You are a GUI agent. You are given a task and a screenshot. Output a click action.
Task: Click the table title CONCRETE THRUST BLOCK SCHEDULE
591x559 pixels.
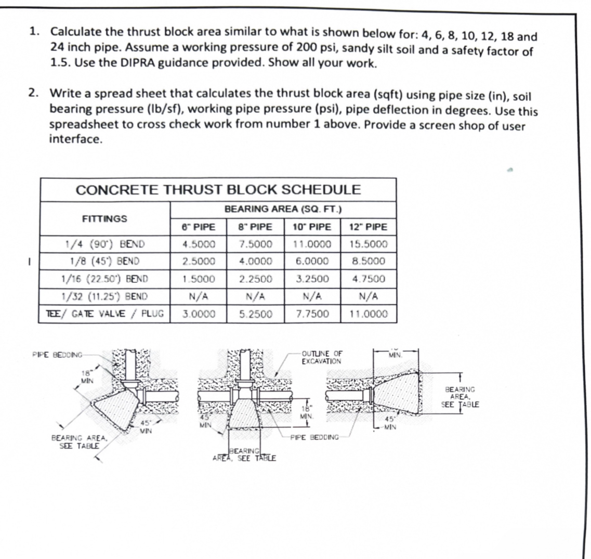pos(218,189)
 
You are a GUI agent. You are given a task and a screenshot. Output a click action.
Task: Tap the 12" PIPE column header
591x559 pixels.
pos(369,227)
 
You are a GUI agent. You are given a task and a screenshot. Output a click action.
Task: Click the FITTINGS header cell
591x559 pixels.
pos(104,218)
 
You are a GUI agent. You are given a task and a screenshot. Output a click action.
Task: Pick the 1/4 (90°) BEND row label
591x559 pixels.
pos(104,244)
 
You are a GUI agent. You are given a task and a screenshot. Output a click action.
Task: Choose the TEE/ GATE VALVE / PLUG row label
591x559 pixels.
pos(104,314)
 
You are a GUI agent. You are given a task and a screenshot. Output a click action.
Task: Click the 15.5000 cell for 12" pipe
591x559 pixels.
pos(369,244)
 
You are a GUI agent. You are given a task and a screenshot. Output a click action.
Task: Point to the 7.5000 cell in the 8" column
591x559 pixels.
pos(255,244)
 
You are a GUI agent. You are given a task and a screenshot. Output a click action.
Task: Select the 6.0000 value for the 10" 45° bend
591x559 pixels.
pos(312,261)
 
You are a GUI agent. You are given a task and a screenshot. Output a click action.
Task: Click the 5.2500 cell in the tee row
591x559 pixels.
pos(255,314)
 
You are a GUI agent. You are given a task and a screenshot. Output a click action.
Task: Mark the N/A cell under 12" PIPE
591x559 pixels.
pos(369,296)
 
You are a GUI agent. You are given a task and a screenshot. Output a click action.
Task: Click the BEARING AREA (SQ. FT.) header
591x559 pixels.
pos(283,209)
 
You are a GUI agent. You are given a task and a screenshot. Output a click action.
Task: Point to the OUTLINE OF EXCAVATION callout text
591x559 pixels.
pos(322,357)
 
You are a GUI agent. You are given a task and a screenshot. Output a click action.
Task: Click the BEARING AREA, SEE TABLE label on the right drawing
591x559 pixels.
pos(460,397)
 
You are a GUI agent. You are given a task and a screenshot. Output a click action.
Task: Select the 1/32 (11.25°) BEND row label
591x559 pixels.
pos(104,296)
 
